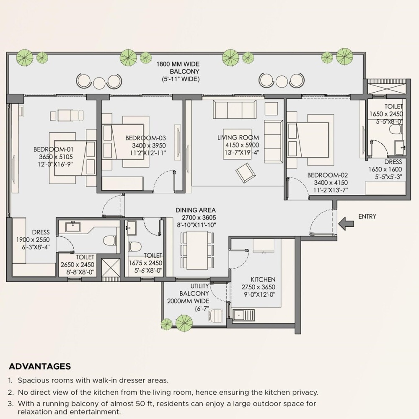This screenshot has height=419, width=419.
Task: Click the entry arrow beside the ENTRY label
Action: (346, 223)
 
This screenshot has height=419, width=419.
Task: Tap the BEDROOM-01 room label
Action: (53, 150)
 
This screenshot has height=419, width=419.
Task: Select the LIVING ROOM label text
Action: (238, 137)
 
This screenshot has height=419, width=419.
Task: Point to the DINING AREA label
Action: (196, 210)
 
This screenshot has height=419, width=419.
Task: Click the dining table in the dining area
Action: (197, 250)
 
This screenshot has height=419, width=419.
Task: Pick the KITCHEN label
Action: (263, 279)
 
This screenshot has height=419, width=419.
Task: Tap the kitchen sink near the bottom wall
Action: (243, 316)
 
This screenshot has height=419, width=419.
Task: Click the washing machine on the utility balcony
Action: (215, 316)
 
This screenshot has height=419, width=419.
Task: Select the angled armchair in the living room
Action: (246, 173)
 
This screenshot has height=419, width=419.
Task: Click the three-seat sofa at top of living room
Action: (235, 109)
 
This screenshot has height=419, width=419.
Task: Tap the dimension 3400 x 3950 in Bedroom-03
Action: (149, 146)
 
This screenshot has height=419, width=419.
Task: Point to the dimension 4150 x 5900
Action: (242, 145)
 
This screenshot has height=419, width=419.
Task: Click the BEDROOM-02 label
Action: (328, 175)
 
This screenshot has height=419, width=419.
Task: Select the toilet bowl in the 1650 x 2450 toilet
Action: (396, 129)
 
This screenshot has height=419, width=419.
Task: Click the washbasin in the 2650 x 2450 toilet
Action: (73, 227)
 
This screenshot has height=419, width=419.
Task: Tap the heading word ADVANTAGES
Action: (40, 366)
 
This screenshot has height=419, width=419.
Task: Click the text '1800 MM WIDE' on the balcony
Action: (178, 64)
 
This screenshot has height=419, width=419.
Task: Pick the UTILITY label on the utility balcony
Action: (199, 286)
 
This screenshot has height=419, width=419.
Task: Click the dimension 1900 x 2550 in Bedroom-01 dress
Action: (33, 240)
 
